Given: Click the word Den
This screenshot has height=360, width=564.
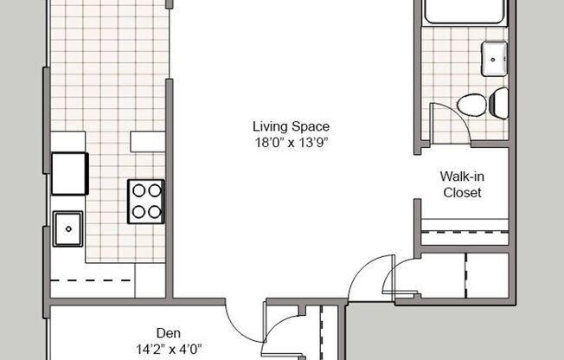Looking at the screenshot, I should tap(168, 332).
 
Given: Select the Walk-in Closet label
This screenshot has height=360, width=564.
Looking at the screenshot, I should tap(462, 184).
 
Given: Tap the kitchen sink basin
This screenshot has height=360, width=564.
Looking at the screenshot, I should tap(68, 229).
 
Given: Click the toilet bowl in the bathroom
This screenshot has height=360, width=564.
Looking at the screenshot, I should tap(472, 105).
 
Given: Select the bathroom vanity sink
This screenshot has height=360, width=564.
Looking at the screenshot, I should tap(496, 58).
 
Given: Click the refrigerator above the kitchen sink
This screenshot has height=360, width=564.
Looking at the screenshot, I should tap(68, 173).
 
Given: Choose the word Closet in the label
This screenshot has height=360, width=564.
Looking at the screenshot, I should tap(462, 193).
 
